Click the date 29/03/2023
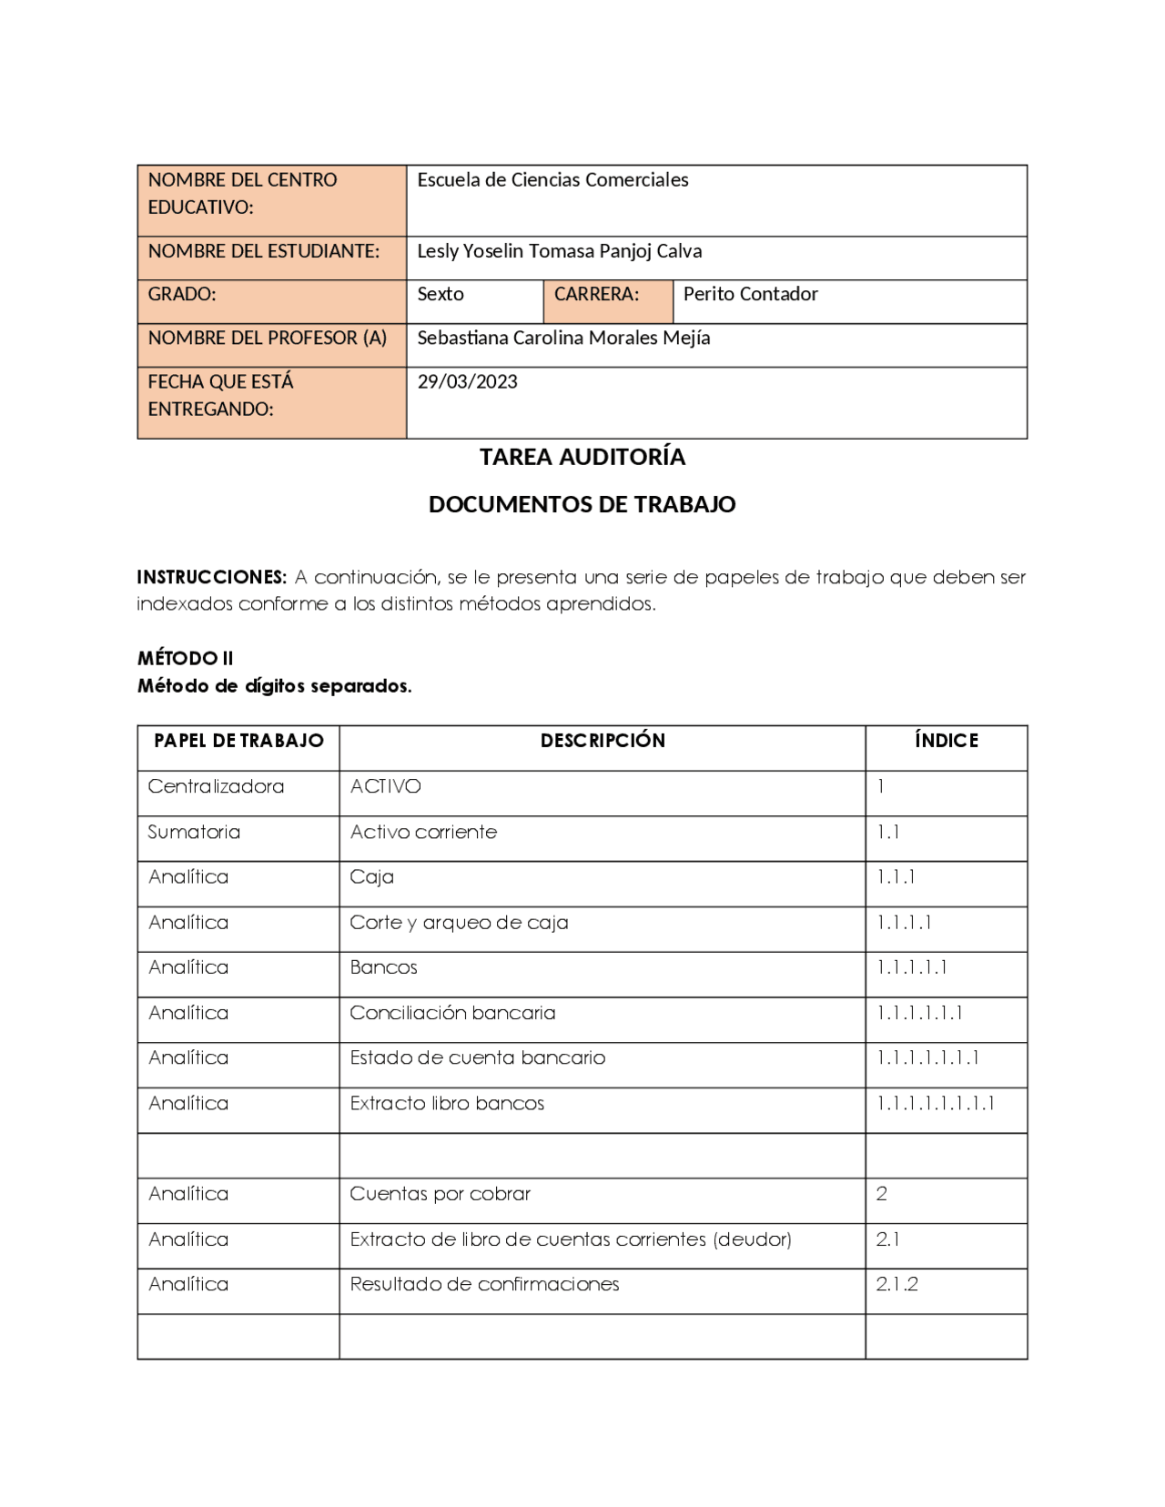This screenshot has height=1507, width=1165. (467, 381)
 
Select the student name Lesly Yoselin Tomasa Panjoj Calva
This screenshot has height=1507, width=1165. (559, 251)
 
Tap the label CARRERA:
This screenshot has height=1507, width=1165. (596, 294)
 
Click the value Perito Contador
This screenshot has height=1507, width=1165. (750, 294)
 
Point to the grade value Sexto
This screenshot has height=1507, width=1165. (441, 294)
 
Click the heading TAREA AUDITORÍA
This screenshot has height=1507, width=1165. (582, 457)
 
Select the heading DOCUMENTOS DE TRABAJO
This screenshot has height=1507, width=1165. (582, 504)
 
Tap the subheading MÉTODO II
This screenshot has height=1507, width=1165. (186, 658)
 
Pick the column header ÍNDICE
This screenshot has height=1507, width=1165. (947, 741)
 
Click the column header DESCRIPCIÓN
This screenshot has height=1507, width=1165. (603, 741)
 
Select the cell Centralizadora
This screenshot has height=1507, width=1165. (216, 786)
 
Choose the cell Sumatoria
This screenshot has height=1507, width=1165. (194, 832)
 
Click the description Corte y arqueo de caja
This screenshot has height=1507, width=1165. (459, 923)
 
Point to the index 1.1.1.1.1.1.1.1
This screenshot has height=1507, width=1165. (935, 1103)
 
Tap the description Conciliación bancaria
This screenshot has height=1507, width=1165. (452, 1013)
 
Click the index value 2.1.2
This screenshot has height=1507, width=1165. (897, 1284)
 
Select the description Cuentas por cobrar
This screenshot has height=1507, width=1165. (440, 1194)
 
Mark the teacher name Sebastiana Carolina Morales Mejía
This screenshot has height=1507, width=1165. (563, 338)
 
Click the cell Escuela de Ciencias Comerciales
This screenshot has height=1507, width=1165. (552, 180)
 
